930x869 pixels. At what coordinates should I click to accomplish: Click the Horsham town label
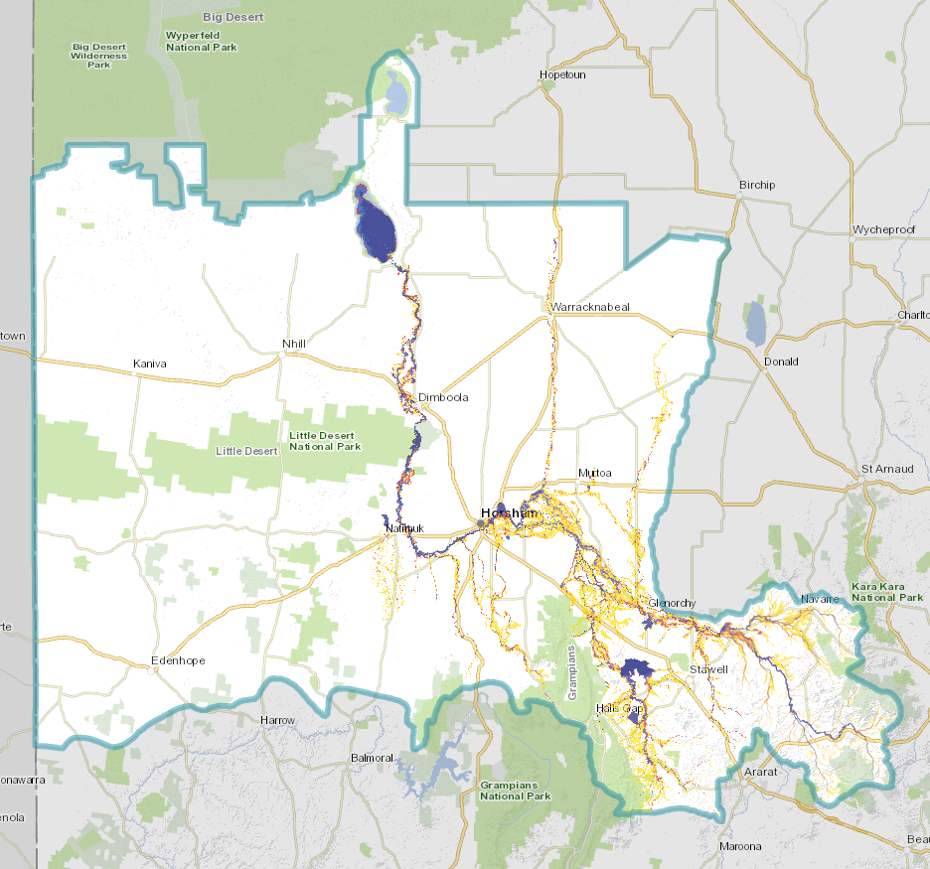[508, 513]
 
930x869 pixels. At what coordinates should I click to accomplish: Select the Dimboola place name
[442, 397]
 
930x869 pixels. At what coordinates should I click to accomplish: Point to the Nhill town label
[293, 344]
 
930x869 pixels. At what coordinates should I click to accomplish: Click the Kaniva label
[150, 364]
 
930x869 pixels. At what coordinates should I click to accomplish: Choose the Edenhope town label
[177, 660]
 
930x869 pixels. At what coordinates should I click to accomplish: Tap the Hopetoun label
[561, 74]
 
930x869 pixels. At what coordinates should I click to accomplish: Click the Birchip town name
[756, 185]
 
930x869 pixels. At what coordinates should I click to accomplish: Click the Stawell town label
[708, 669]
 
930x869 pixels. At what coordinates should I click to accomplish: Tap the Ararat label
[760, 771]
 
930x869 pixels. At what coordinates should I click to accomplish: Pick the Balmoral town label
[373, 758]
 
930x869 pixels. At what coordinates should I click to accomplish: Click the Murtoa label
[595, 473]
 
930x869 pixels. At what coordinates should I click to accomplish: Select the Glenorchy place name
[671, 604]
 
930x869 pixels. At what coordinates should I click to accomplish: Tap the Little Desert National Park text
[325, 441]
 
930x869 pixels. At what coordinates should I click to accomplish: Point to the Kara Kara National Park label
[887, 593]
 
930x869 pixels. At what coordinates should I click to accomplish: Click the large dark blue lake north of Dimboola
[376, 226]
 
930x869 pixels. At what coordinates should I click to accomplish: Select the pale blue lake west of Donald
[755, 324]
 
